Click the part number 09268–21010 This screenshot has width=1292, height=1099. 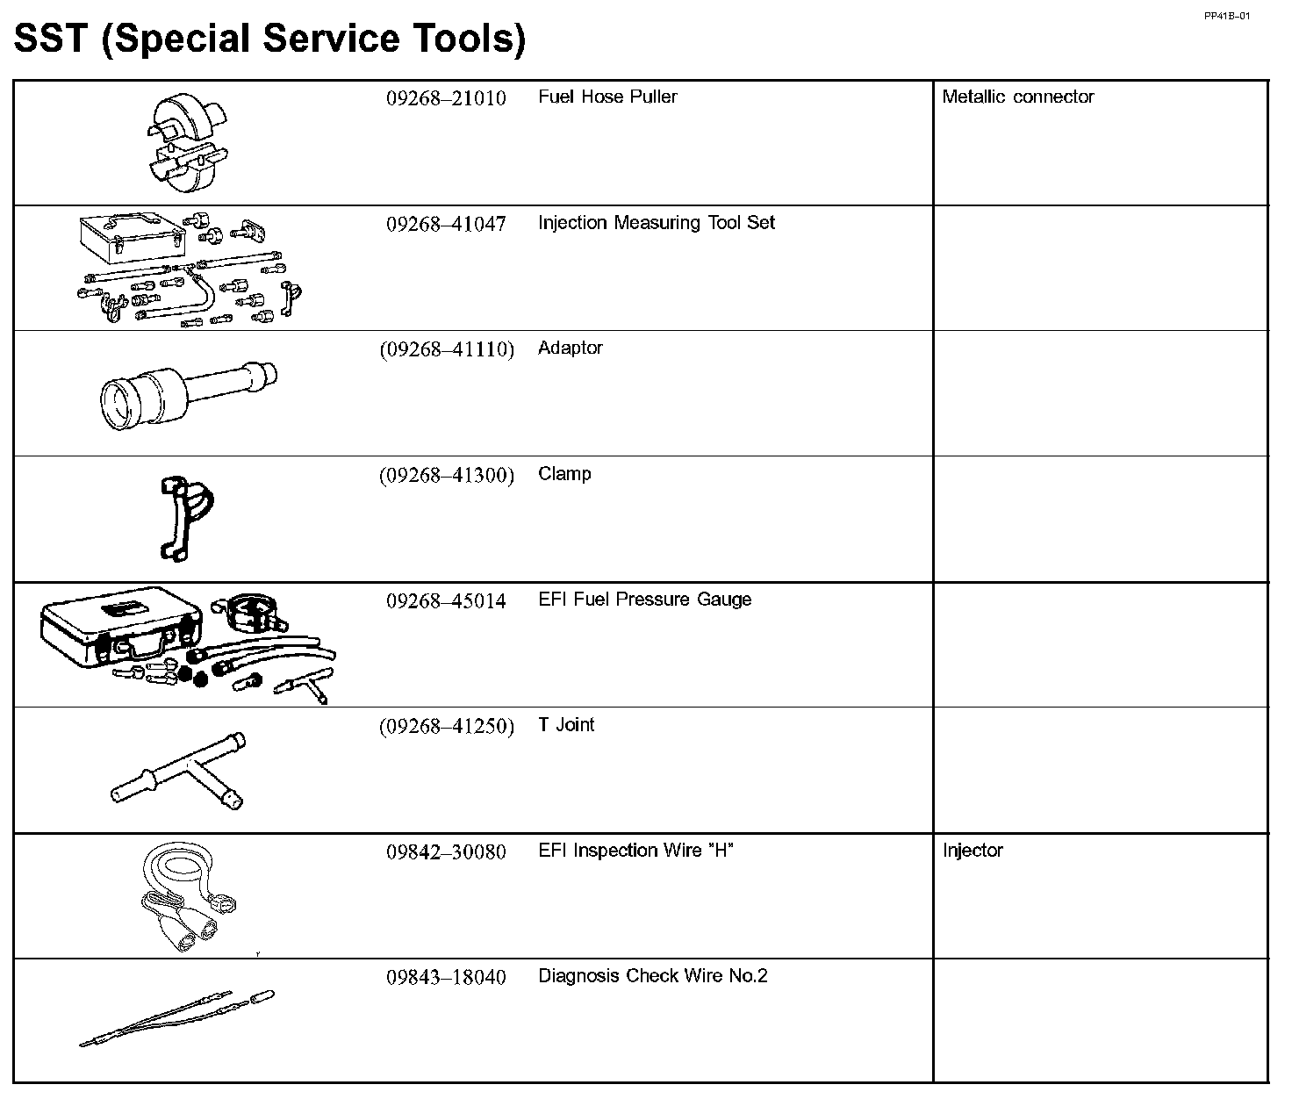point(446,98)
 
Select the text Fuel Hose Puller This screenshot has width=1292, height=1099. point(607,97)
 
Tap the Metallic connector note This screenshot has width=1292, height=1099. point(1017,97)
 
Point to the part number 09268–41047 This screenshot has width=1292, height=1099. point(446,224)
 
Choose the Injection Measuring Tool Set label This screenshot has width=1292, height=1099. point(657,223)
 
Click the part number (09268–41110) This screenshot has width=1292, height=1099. point(446,349)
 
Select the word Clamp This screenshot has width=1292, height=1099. point(564,474)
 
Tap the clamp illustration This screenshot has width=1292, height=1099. point(187,517)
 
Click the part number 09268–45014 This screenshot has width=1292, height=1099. point(446,601)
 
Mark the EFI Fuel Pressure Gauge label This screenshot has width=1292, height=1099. point(644,600)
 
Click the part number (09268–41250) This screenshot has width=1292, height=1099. point(446,727)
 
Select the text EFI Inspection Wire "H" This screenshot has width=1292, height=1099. point(635,851)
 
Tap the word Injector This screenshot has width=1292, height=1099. point(973,851)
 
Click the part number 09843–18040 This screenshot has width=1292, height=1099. point(446,978)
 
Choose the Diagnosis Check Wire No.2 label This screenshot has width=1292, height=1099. point(652,976)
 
